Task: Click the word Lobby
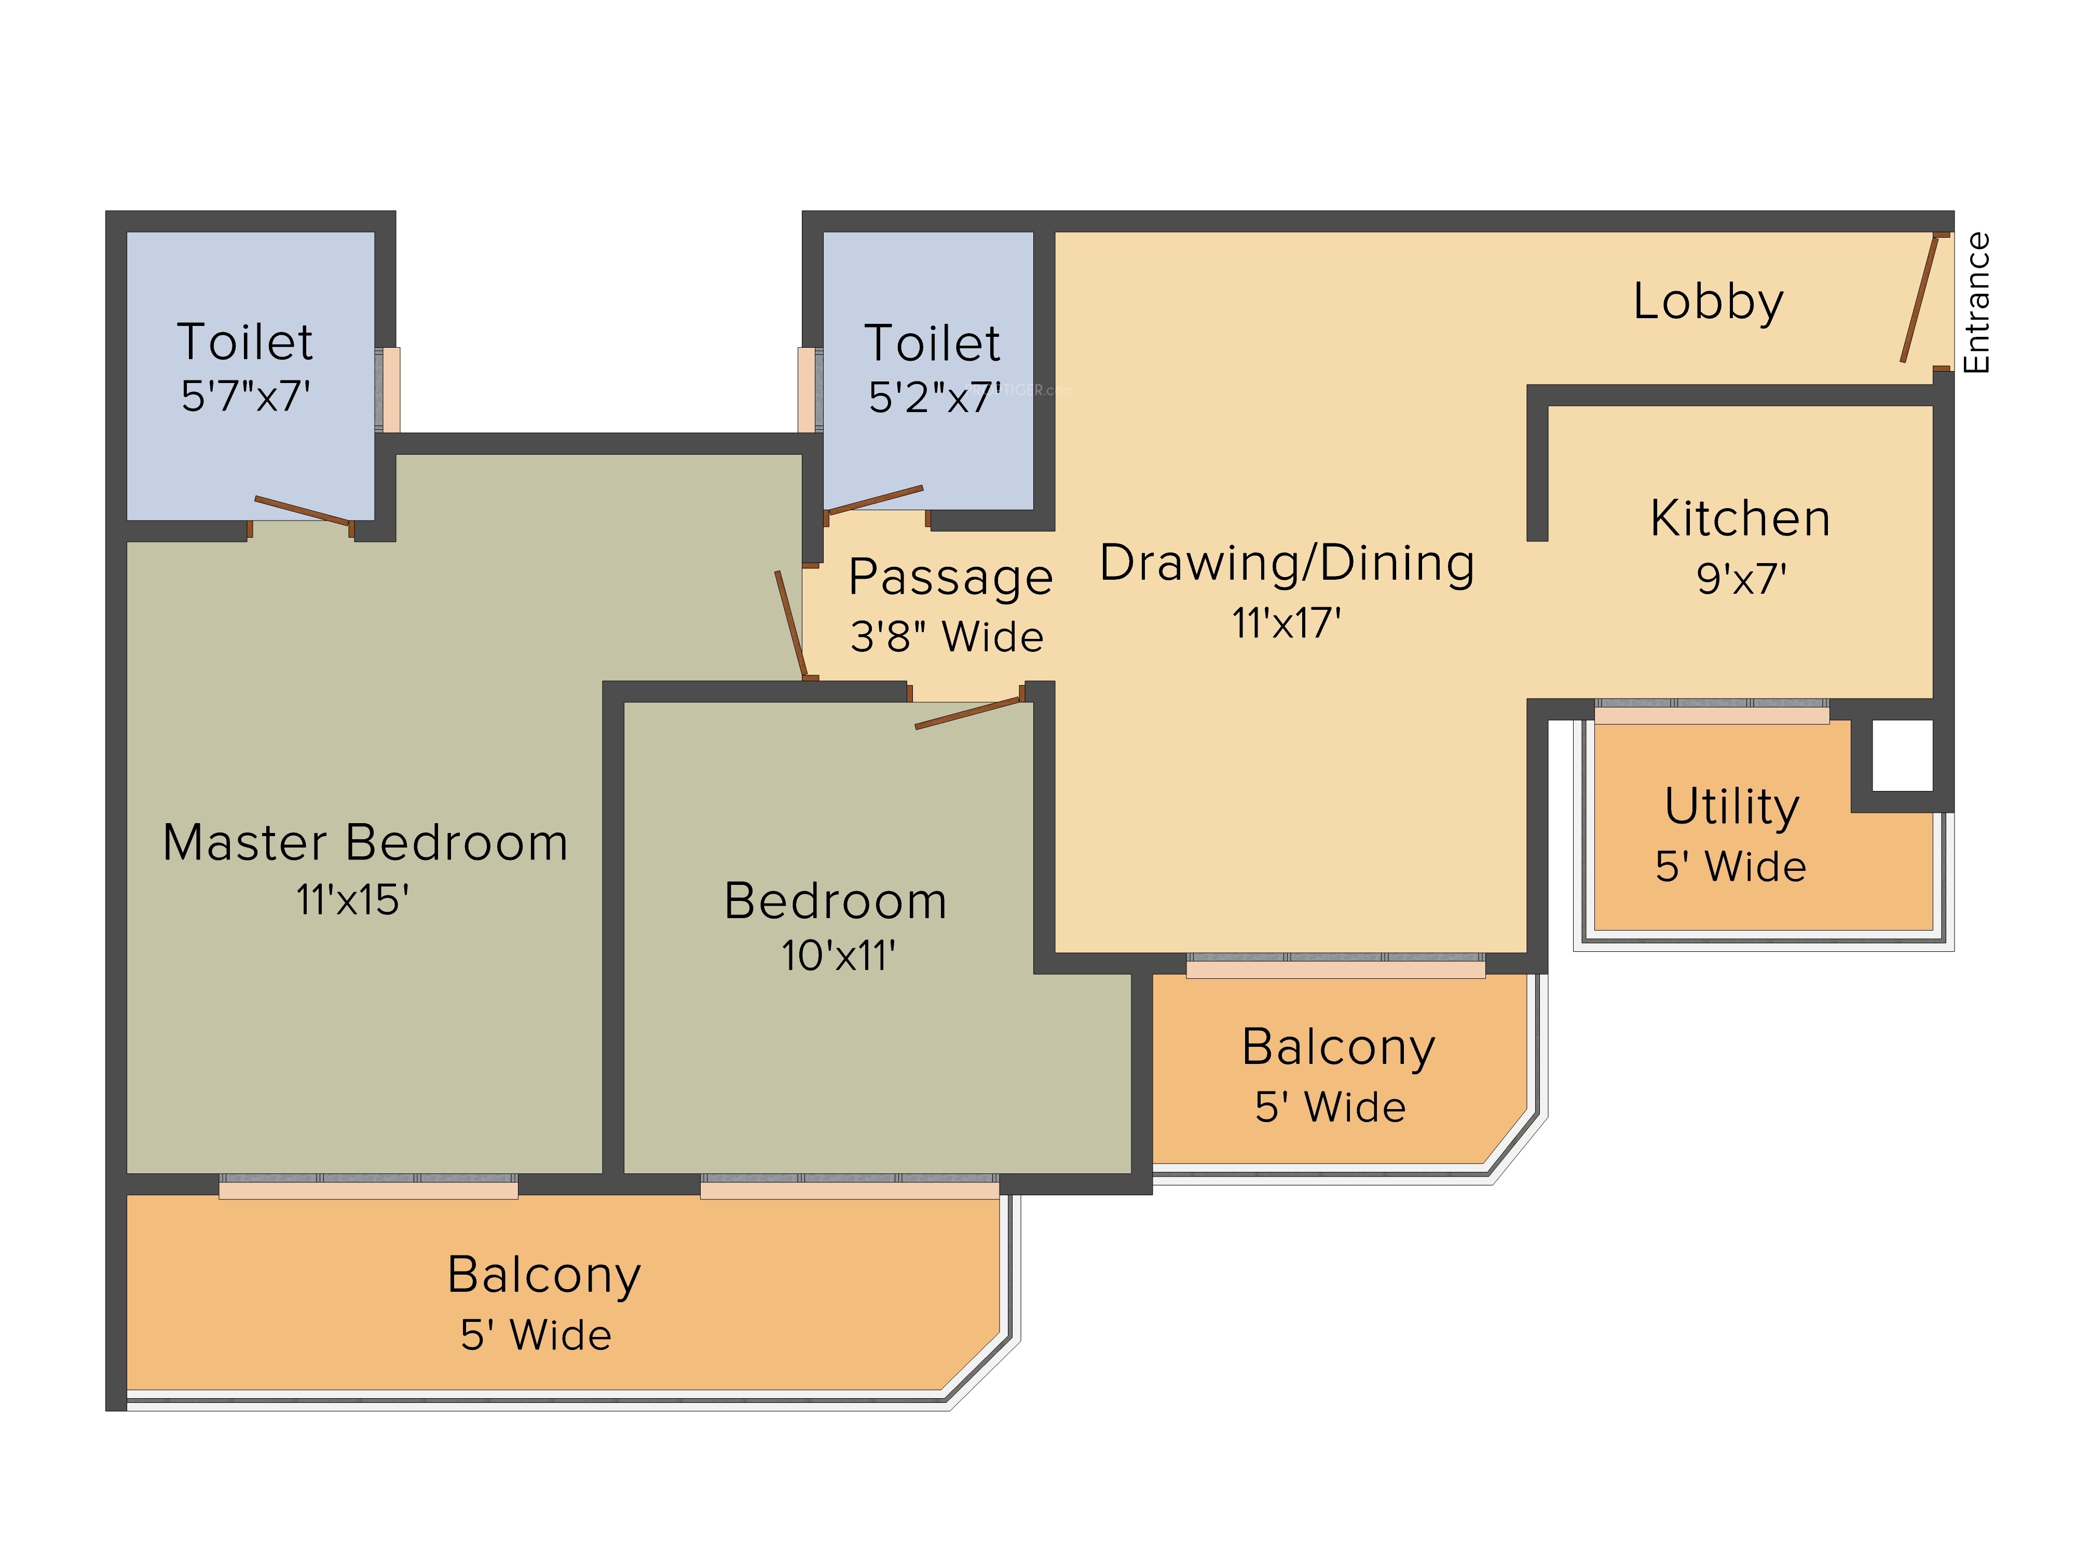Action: [1708, 302]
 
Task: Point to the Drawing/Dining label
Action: [1287, 563]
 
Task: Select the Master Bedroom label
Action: [365, 842]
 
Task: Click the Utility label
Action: [1731, 806]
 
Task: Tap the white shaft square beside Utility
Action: [1902, 755]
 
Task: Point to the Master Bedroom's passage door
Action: [790, 623]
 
